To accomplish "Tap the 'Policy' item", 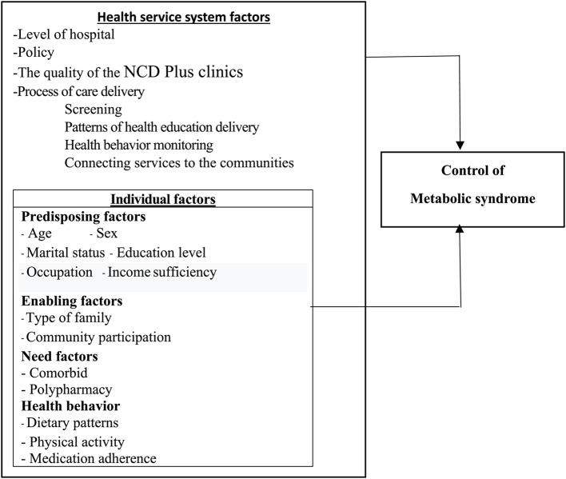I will pos(35,54).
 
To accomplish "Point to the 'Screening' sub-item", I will pos(94,109).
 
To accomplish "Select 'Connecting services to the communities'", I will pos(179,162).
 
